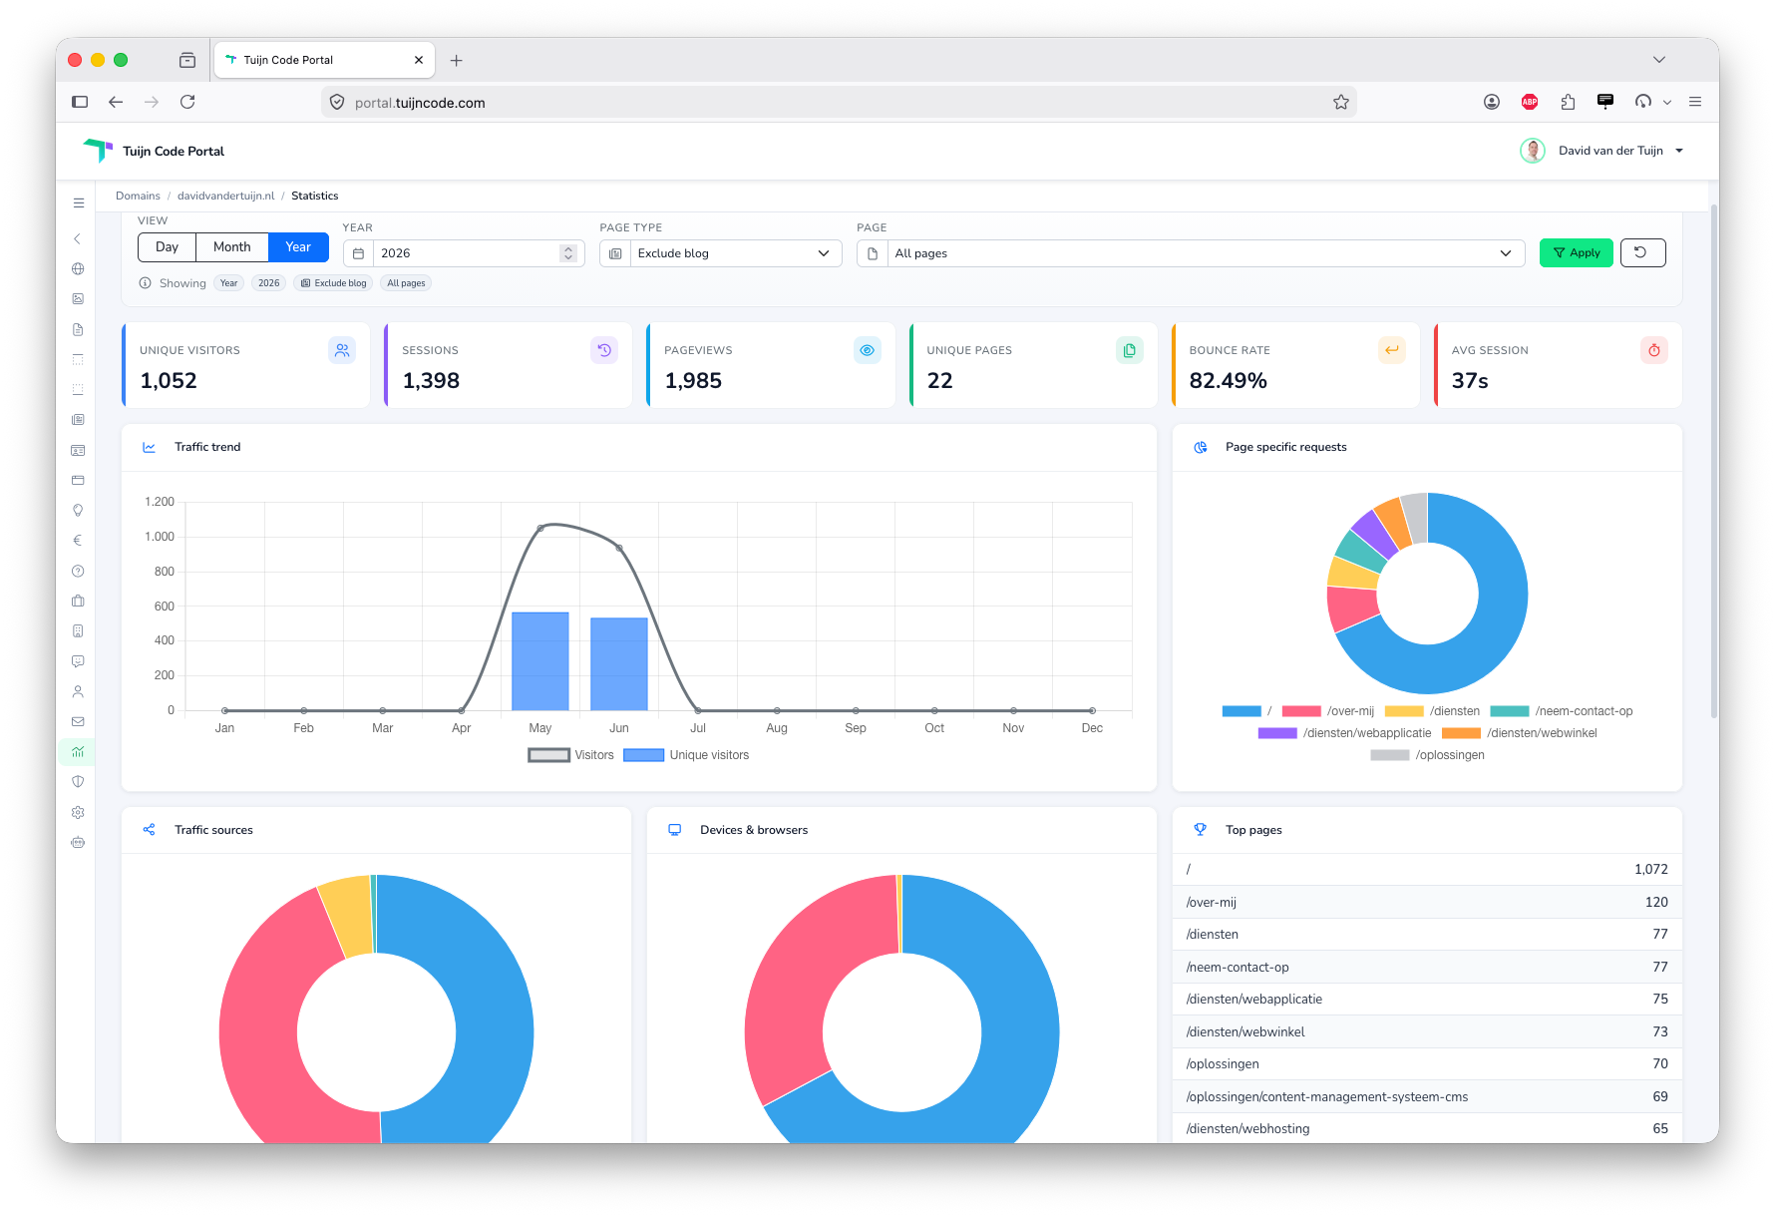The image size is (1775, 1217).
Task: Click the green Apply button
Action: [x=1576, y=252]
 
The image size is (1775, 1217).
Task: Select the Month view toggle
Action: [x=231, y=246]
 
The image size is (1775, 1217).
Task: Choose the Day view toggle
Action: [x=167, y=246]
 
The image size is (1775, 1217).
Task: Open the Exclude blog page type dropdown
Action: [x=721, y=253]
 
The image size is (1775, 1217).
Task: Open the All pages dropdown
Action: [x=1191, y=253]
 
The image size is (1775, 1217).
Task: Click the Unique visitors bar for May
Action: [x=540, y=661]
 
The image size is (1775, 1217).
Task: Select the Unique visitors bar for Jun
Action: [x=619, y=664]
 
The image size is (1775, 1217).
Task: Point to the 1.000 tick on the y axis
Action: [x=160, y=537]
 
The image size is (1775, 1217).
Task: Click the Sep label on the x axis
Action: [x=856, y=728]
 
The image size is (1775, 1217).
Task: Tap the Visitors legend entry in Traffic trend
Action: [x=571, y=755]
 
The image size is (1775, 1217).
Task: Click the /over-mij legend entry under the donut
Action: [x=1328, y=711]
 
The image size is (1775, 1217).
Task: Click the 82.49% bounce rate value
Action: [x=1228, y=380]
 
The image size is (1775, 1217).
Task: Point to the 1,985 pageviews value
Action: [x=693, y=380]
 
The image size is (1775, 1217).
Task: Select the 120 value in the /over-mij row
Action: [x=1656, y=902]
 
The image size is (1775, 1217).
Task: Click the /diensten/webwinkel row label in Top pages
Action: [x=1245, y=1031]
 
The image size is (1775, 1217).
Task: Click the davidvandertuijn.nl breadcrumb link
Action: [x=225, y=196]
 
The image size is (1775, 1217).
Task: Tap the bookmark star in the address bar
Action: [x=1341, y=102]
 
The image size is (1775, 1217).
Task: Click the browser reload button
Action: [x=187, y=102]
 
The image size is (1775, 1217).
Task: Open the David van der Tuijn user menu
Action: [x=1602, y=151]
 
